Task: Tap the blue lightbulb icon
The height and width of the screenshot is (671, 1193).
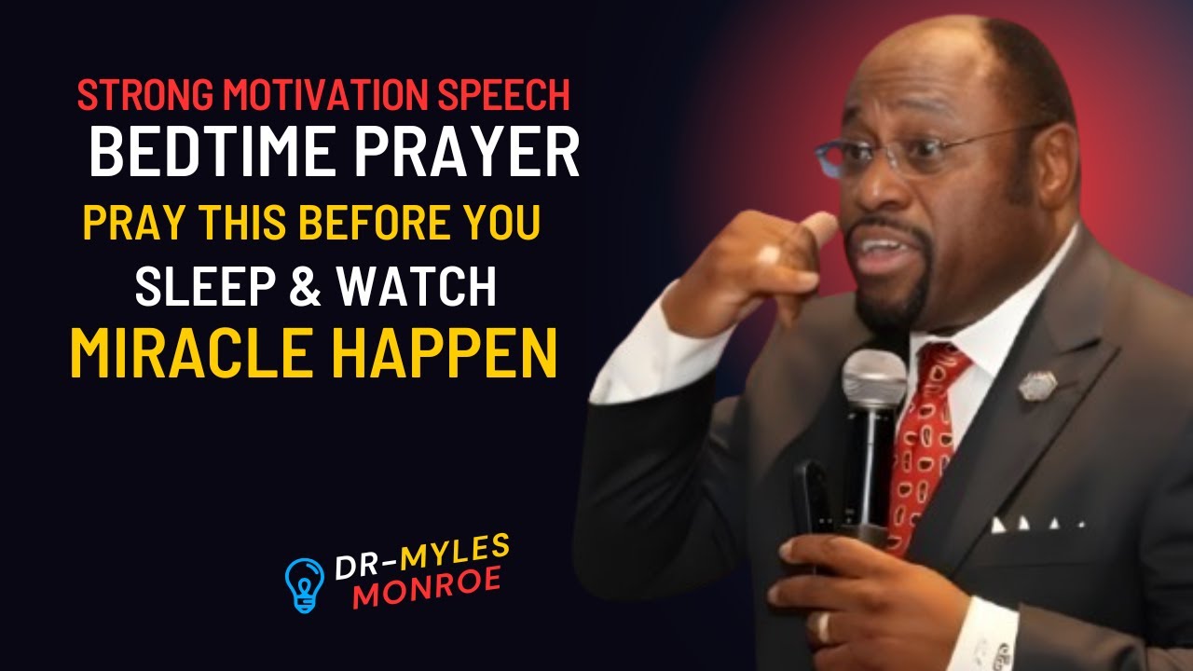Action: tap(304, 584)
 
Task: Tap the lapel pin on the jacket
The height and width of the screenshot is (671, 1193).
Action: tap(1036, 384)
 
